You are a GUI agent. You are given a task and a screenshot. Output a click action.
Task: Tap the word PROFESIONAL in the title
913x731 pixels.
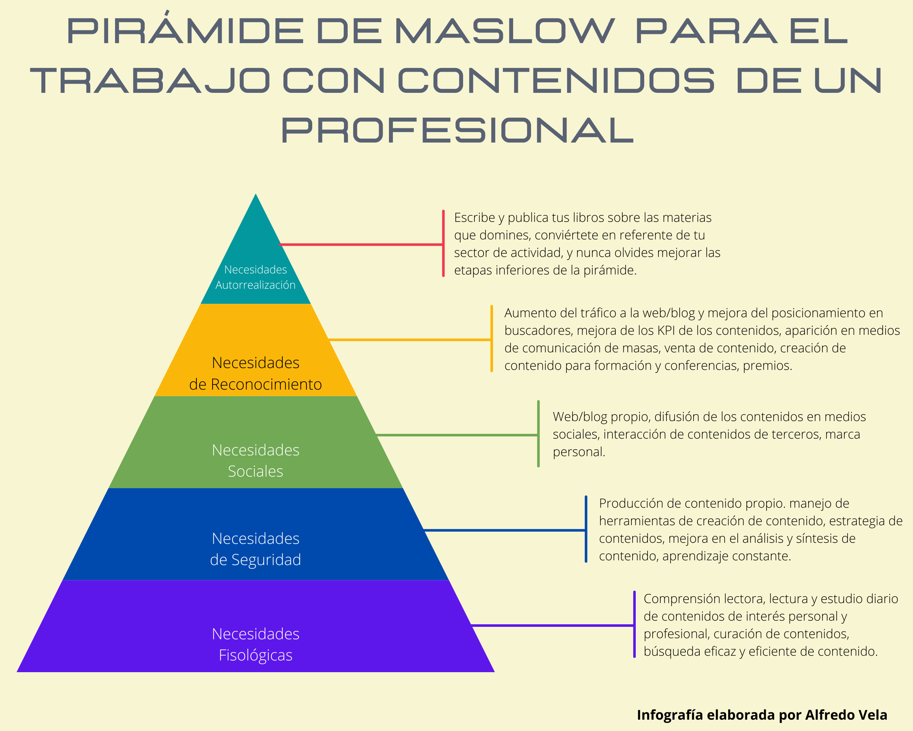(x=457, y=130)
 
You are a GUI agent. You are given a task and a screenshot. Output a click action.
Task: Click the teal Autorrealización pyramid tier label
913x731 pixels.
(x=255, y=285)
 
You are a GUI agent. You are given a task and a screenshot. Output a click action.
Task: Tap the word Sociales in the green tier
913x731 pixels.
(x=255, y=471)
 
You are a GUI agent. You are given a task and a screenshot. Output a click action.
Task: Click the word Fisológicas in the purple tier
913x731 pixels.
(x=255, y=655)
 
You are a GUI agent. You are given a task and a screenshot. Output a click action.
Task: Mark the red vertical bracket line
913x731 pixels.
(x=443, y=243)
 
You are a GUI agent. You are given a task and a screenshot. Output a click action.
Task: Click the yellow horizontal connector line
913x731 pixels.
(x=410, y=340)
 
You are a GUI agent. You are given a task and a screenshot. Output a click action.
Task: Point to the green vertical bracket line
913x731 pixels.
(x=538, y=433)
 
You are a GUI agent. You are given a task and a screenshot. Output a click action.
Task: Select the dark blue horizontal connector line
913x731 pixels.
(x=505, y=530)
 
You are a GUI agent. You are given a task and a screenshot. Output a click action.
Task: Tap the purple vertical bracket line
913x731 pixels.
(x=634, y=624)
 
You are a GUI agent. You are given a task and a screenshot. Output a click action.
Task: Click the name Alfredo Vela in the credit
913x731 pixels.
(x=846, y=715)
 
